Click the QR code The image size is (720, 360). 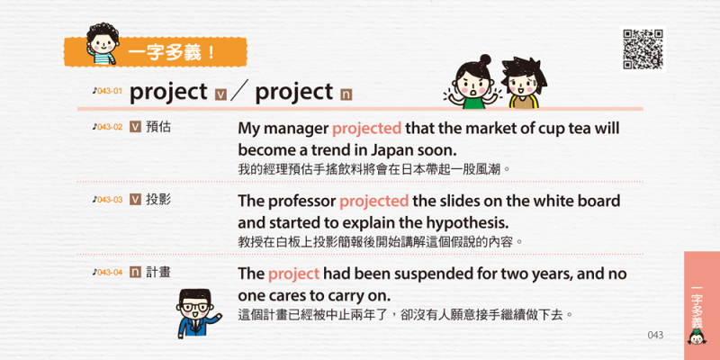[643, 49]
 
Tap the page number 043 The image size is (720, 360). [655, 335]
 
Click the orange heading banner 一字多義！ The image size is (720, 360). [155, 52]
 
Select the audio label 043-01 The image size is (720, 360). [107, 91]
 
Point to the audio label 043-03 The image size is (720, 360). [107, 199]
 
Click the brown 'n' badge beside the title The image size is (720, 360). [346, 94]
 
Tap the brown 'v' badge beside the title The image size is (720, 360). [220, 94]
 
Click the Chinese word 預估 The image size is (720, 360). [157, 127]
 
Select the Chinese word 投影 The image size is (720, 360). [157, 199]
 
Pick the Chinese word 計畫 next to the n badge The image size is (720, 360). [157, 273]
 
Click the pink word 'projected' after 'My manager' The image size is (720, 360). [366, 130]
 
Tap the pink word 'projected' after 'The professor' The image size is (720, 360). [373, 202]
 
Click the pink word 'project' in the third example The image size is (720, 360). [293, 274]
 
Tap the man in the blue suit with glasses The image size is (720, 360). [195, 313]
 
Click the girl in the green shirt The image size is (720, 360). [473, 82]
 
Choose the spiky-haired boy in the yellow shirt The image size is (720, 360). [524, 83]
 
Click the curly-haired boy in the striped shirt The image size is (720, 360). [102, 44]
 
